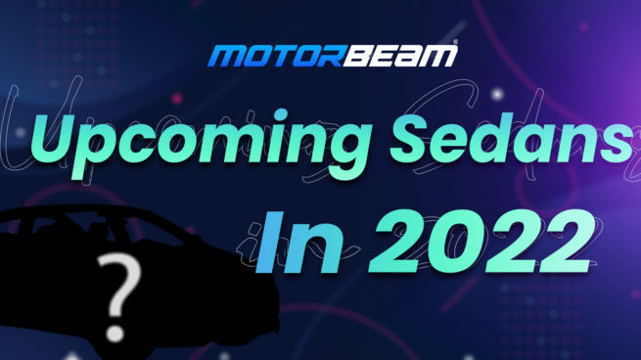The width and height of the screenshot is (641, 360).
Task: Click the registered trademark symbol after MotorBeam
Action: coord(453,45)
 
